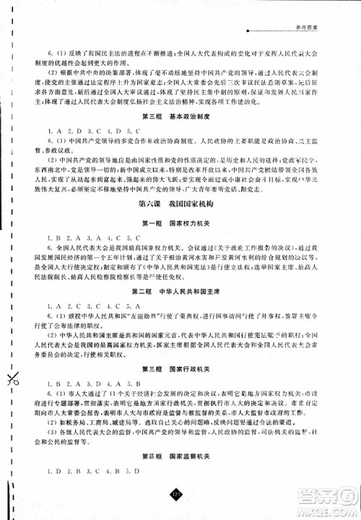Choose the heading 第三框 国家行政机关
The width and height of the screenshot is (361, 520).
(x=179, y=369)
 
